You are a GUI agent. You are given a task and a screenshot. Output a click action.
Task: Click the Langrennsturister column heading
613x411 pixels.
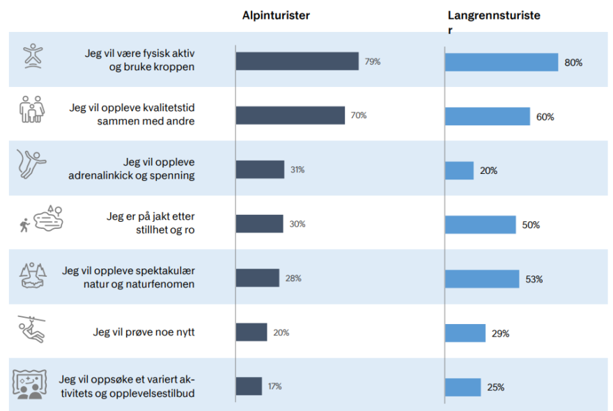(x=493, y=15)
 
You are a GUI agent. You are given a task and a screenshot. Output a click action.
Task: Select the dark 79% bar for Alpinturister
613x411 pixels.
(x=297, y=61)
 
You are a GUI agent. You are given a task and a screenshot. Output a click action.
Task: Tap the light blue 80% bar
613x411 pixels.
(x=502, y=62)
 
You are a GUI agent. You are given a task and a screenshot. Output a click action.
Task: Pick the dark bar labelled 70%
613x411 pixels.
(x=290, y=115)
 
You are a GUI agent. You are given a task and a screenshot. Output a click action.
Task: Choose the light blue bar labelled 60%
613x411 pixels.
(x=488, y=116)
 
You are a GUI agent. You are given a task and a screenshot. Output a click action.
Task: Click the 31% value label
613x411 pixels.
(x=297, y=170)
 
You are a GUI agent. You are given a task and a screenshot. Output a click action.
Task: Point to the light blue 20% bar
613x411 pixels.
(x=459, y=170)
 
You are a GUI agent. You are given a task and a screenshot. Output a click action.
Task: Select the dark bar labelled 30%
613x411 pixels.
(x=259, y=224)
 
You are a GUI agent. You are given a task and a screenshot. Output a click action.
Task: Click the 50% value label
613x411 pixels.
(x=531, y=225)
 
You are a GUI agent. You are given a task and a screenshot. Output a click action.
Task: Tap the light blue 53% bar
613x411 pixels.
(x=482, y=279)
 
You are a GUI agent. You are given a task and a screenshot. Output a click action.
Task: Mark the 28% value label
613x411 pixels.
(x=293, y=278)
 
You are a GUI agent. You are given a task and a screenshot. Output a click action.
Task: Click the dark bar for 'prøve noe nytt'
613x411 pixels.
(x=251, y=332)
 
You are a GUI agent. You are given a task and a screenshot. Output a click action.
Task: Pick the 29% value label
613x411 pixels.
(x=500, y=334)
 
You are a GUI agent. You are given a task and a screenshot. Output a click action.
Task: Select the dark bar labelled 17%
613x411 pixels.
(x=249, y=386)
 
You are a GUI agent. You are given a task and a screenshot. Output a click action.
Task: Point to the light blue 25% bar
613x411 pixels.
(x=463, y=387)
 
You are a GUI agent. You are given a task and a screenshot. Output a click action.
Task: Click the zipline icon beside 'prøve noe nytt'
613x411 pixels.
(x=30, y=330)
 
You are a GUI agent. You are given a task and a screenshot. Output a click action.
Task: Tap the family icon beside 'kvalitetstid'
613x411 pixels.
(x=31, y=110)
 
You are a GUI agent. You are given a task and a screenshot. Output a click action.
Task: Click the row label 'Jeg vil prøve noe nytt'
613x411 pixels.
(x=143, y=332)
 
